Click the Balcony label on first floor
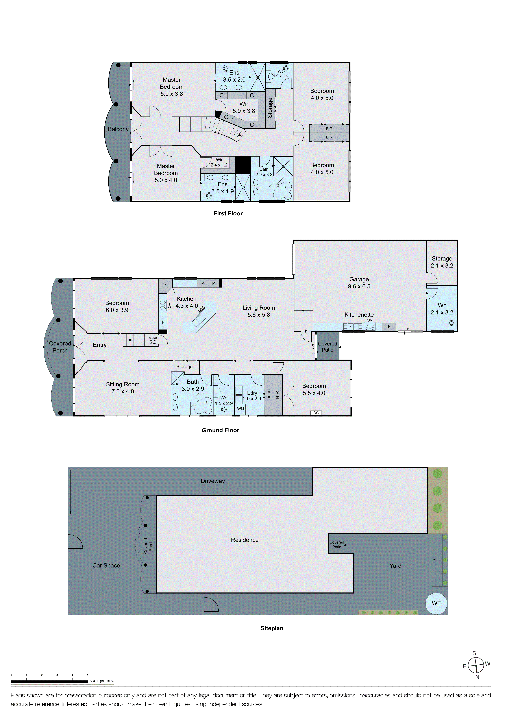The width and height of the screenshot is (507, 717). [x=118, y=129]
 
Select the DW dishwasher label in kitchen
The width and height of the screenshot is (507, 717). [x=201, y=309]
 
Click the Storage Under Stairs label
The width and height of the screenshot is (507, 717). [x=153, y=340]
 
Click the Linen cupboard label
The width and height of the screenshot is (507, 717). [x=268, y=395]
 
